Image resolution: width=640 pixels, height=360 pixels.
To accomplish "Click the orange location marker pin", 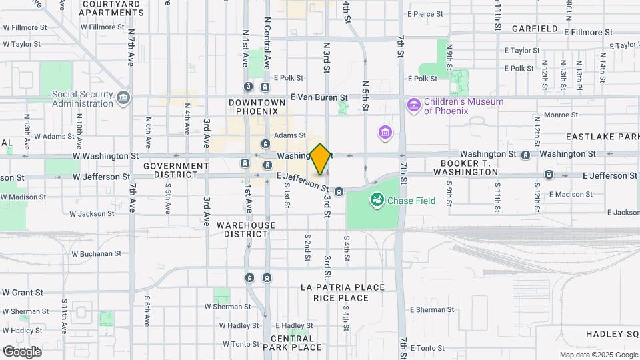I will (320, 159).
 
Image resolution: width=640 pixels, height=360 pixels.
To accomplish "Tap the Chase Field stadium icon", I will (377, 199).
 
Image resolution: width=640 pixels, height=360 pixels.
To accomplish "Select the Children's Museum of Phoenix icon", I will (414, 105).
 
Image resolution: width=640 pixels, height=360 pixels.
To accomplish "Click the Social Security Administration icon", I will (123, 99).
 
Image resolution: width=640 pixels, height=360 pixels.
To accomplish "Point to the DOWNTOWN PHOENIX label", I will (257, 107).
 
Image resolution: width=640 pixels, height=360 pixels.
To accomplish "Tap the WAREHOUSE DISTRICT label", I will (246, 229).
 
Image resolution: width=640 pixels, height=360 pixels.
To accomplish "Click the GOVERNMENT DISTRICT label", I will (175, 169).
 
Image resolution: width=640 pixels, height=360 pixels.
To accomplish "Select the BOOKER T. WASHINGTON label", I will (469, 167).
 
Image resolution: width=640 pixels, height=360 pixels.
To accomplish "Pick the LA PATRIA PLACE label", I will (343, 287).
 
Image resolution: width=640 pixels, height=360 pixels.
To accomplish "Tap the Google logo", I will (23, 351).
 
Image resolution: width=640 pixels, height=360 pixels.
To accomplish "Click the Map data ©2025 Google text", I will (598, 355).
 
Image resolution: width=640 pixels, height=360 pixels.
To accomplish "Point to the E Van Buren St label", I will (319, 97).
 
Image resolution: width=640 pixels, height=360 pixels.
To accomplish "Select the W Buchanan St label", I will (96, 253).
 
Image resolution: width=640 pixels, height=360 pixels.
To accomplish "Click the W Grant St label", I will (22, 292).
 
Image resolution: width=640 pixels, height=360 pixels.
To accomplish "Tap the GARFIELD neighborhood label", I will (534, 29).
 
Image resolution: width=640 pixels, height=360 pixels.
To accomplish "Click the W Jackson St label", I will (92, 214).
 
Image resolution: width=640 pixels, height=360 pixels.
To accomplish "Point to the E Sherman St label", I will (432, 310).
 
